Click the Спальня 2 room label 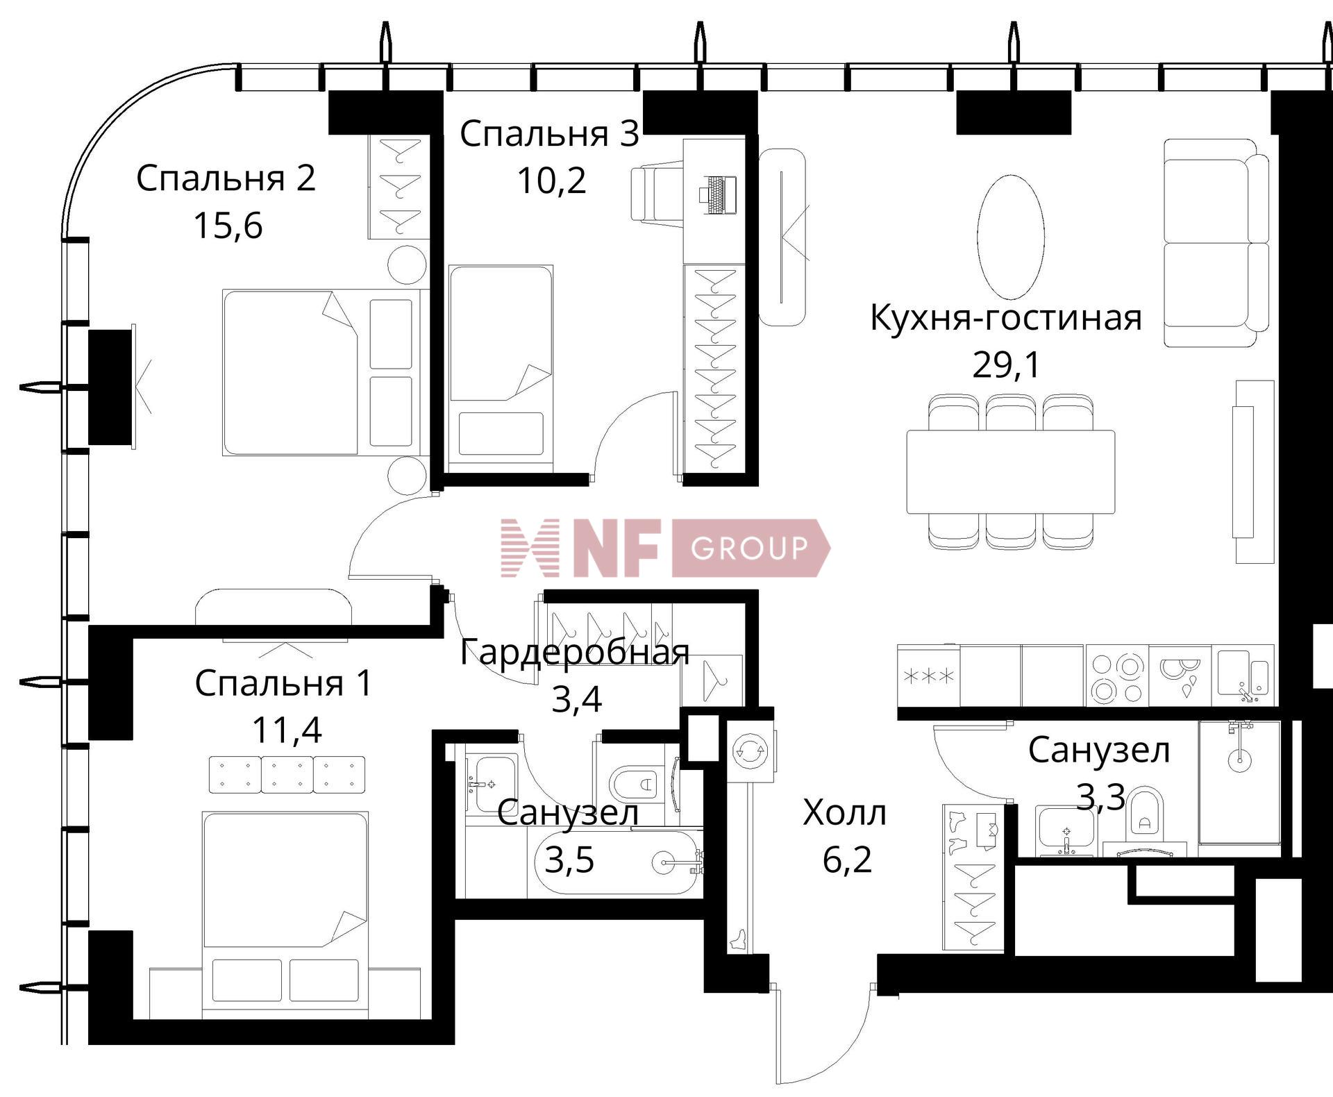click(226, 178)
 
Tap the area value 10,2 click(551, 181)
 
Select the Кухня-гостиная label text click(1005, 318)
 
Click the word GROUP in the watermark click(749, 548)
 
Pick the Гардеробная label click(575, 653)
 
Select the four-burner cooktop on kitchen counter click(1116, 676)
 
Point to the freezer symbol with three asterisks click(928, 676)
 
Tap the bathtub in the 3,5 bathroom click(618, 862)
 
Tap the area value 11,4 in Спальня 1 click(286, 730)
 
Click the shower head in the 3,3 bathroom click(1239, 760)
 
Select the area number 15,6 click(228, 226)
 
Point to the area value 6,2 click(847, 861)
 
